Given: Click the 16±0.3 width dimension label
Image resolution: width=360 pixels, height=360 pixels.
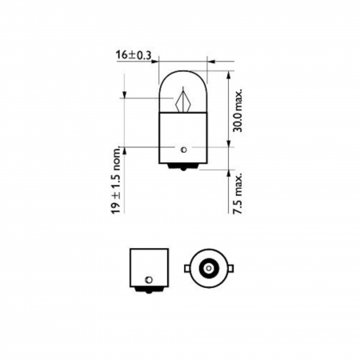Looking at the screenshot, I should [135, 56].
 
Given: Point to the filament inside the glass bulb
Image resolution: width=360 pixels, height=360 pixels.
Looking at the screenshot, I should [183, 101].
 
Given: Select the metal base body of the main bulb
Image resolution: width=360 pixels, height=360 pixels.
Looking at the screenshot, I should [184, 136].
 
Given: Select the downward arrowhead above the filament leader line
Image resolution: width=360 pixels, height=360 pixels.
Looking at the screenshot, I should [126, 94].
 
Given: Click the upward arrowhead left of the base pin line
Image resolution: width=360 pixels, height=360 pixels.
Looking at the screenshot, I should [126, 151].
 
